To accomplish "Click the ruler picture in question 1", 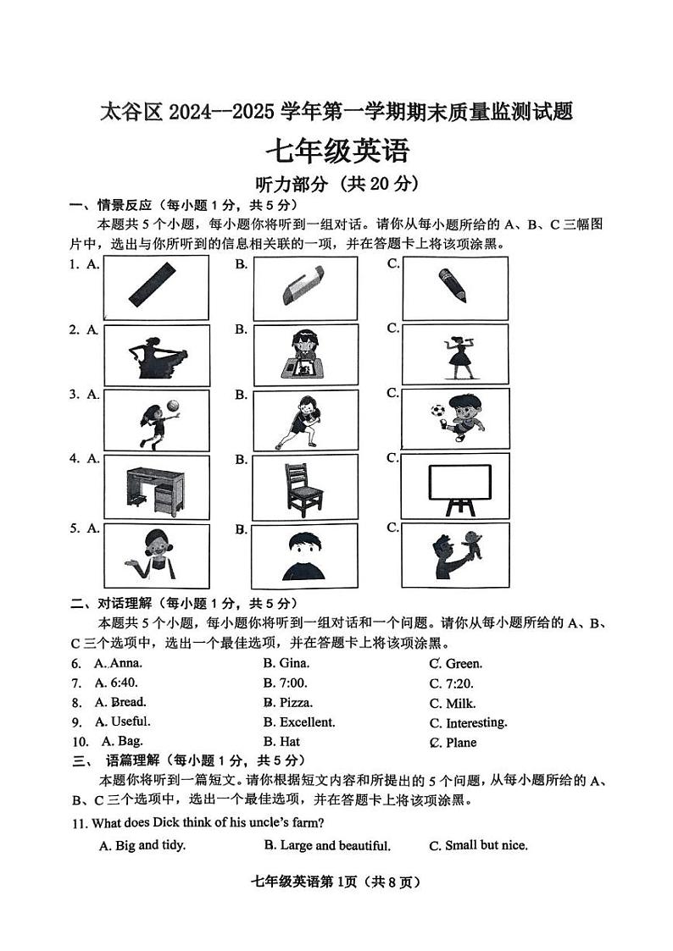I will (x=155, y=285).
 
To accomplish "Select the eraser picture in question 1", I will (x=303, y=287).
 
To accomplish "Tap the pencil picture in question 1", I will (x=453, y=285).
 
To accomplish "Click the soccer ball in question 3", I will (x=437, y=410).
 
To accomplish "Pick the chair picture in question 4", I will (x=303, y=485).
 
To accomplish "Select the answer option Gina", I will (x=286, y=663).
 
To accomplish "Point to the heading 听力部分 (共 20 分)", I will (x=336, y=184).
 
